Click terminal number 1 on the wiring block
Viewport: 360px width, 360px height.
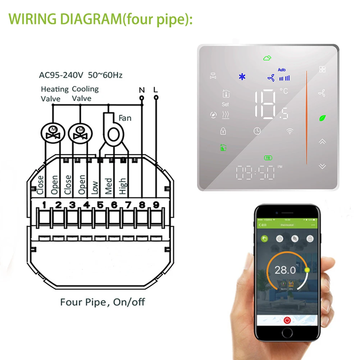point(44,205)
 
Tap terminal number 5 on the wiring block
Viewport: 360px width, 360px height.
point(100,205)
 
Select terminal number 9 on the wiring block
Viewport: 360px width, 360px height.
point(156,205)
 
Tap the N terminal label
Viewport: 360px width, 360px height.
point(141,89)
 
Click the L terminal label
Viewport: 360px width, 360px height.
point(156,89)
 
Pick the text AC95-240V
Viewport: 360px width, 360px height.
point(61,75)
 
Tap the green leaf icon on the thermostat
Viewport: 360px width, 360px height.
point(322,118)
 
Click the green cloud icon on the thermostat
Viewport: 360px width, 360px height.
point(267,58)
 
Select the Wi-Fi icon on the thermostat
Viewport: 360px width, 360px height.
point(290,131)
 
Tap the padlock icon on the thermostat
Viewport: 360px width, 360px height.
point(223,131)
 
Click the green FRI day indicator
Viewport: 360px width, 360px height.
point(268,158)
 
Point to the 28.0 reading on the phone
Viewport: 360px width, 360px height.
point(285,270)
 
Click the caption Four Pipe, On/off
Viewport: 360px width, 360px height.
point(103,302)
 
